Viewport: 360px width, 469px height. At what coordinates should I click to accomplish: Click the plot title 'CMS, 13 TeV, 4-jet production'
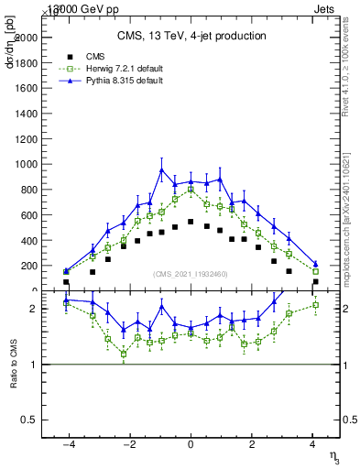click(x=191, y=36)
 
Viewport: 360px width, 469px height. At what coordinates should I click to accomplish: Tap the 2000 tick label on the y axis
click(x=25, y=38)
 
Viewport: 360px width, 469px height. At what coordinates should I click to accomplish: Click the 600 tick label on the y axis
click(x=28, y=214)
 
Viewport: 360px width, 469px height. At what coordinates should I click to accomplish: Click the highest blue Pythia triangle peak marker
click(x=161, y=169)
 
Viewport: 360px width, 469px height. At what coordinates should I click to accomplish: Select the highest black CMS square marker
click(x=191, y=222)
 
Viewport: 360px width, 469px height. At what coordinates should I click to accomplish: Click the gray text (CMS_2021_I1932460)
click(x=190, y=274)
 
